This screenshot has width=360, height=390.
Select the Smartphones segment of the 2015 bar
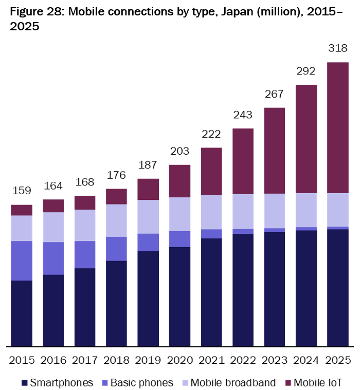22,313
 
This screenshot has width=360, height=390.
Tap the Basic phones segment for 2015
22,261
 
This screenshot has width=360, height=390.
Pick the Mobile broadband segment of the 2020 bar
179,214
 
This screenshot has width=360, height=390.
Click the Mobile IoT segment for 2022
243,161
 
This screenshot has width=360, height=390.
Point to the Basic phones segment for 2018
116,249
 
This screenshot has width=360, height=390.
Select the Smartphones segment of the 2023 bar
275,289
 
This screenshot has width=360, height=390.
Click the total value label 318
338,49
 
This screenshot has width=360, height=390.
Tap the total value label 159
22,192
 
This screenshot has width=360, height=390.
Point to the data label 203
179,152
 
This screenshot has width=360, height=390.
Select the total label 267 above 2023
275,95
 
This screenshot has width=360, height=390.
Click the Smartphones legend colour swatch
24,383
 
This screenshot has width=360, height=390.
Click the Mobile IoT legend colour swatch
288,383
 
